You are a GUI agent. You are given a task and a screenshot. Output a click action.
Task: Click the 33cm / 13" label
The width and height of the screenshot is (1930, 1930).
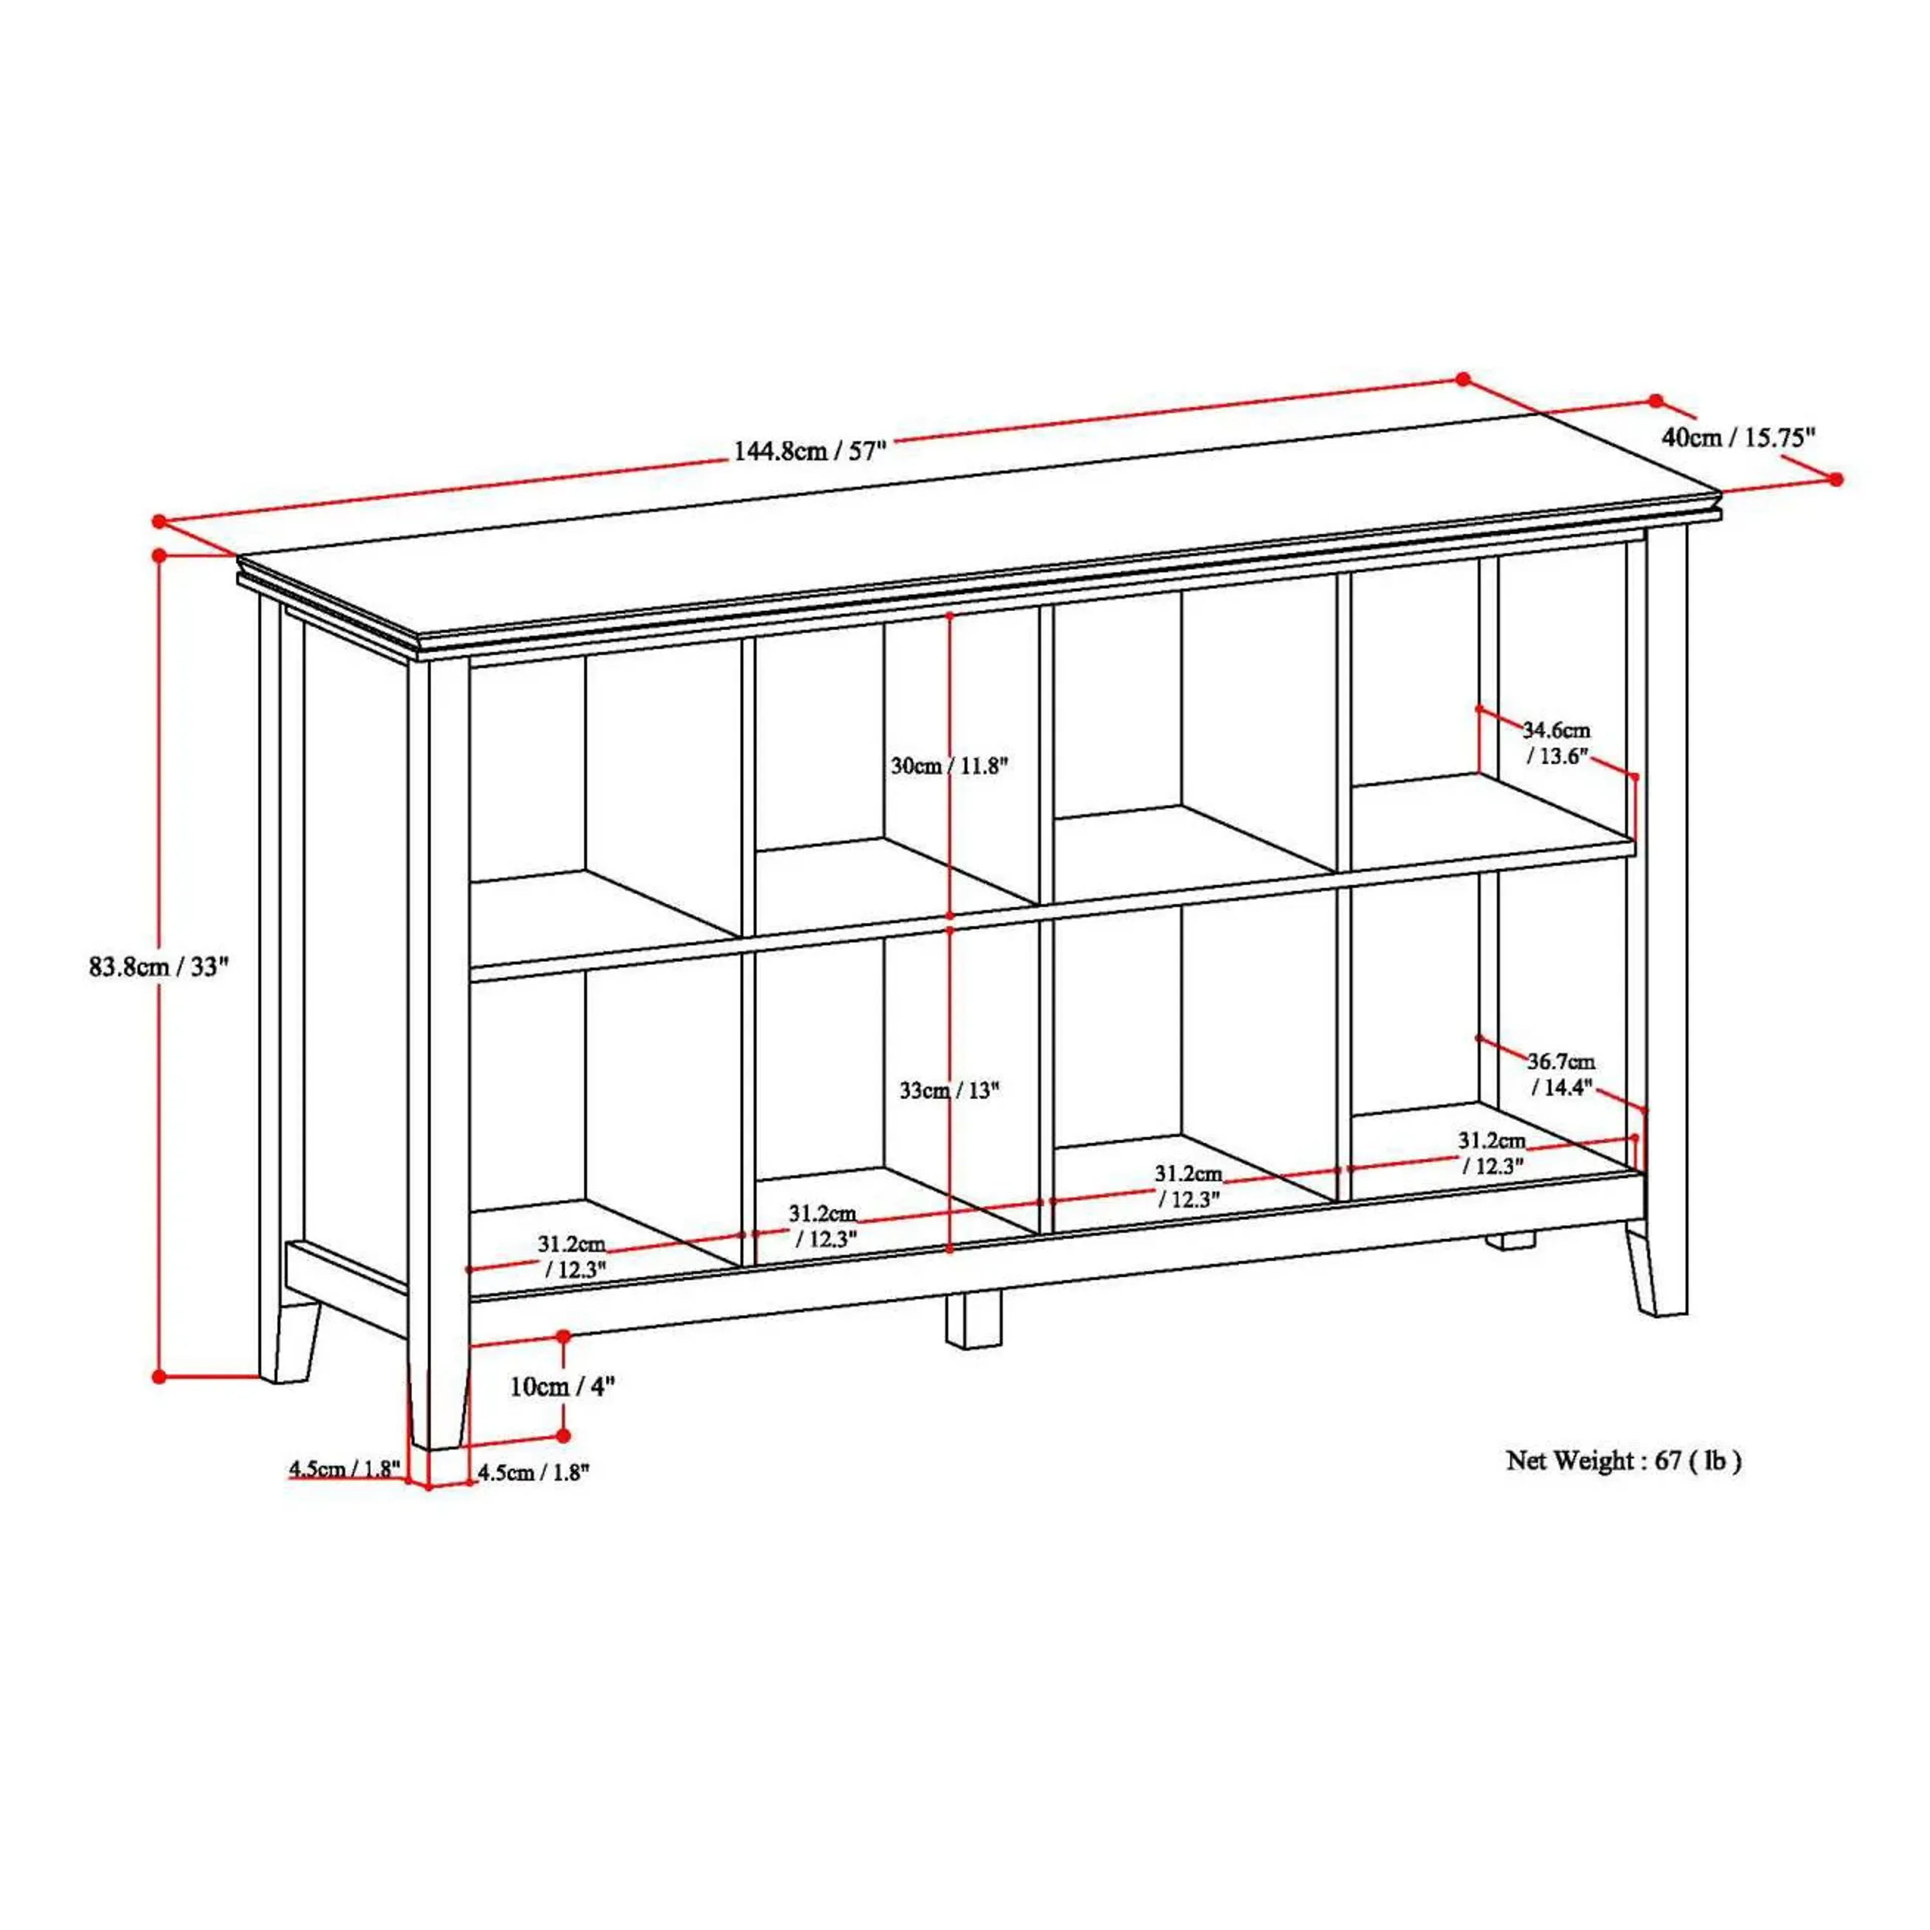949,1090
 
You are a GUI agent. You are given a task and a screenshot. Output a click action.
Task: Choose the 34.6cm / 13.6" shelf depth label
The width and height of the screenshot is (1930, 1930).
1557,742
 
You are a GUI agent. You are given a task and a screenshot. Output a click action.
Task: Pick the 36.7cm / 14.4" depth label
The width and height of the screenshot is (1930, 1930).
1561,1074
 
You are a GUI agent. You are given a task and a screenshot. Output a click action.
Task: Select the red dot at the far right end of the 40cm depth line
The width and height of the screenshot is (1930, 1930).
1836,479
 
